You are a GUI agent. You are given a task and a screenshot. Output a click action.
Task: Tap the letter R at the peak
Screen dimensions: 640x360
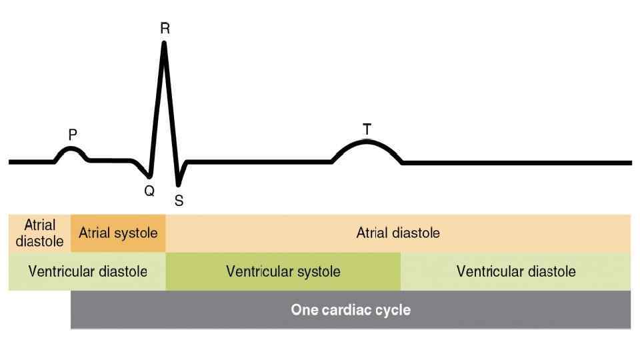(x=165, y=28)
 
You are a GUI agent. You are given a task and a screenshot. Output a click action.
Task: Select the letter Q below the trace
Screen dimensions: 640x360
(x=149, y=191)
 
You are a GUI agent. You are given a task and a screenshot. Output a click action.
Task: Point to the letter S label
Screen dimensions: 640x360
(x=179, y=200)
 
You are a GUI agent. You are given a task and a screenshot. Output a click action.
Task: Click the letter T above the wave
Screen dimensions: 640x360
(x=367, y=129)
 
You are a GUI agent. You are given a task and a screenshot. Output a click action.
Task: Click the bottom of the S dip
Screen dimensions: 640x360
(x=178, y=184)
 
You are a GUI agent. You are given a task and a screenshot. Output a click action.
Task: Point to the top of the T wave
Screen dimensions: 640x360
(x=367, y=141)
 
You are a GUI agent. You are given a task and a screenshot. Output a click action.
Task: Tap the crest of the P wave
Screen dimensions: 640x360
(x=71, y=149)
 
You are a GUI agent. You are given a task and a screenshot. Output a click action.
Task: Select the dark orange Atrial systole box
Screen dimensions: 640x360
(x=118, y=233)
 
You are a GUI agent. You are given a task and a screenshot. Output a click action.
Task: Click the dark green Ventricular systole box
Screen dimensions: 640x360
(x=283, y=272)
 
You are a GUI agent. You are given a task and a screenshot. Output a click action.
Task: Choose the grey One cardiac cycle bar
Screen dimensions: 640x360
(x=351, y=310)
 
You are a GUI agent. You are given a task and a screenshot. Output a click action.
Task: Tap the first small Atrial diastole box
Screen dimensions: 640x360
(x=39, y=233)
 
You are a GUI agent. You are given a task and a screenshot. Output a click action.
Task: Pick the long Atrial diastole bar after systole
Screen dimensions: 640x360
(x=398, y=233)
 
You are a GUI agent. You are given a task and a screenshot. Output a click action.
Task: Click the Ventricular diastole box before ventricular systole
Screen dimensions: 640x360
(x=87, y=272)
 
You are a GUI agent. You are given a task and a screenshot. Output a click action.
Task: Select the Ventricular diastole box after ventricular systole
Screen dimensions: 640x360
(x=515, y=272)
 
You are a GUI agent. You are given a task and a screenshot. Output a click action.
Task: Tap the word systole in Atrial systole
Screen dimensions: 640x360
(x=137, y=233)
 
